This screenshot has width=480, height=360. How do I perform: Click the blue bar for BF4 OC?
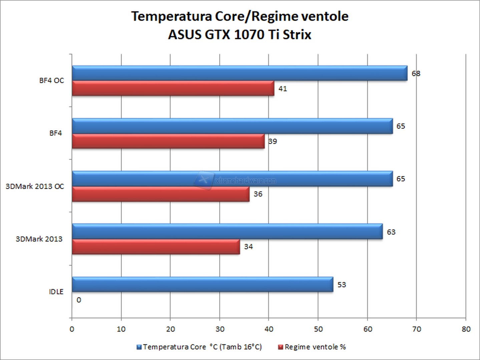coord(239,73)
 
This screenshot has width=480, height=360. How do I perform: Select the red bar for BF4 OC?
coord(173,88)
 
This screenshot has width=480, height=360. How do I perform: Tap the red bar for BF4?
coord(168,141)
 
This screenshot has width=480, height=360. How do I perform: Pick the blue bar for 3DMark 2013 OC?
coord(232,179)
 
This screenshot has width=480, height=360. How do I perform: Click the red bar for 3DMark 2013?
coord(156,247)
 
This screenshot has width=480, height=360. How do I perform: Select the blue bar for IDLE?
coord(202,284)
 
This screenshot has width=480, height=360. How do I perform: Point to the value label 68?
coord(416,73)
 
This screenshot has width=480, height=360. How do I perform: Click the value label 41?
coord(283,89)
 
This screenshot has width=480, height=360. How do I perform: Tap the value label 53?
coord(342,285)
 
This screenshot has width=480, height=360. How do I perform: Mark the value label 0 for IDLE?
coord(79,300)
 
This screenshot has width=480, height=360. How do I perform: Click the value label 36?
coord(258,194)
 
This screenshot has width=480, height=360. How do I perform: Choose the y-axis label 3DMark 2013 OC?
coord(35,186)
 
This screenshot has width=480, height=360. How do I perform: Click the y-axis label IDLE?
coord(56,292)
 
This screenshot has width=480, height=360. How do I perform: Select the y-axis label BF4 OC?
coord(51,81)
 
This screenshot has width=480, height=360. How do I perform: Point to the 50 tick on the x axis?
coord(318,329)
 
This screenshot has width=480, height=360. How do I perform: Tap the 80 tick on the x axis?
coord(466,329)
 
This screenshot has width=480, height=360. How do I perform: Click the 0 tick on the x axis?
coord(72,329)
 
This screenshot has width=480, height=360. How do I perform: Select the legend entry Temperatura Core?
coord(199,347)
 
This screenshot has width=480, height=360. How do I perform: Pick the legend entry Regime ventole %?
coord(312,347)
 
